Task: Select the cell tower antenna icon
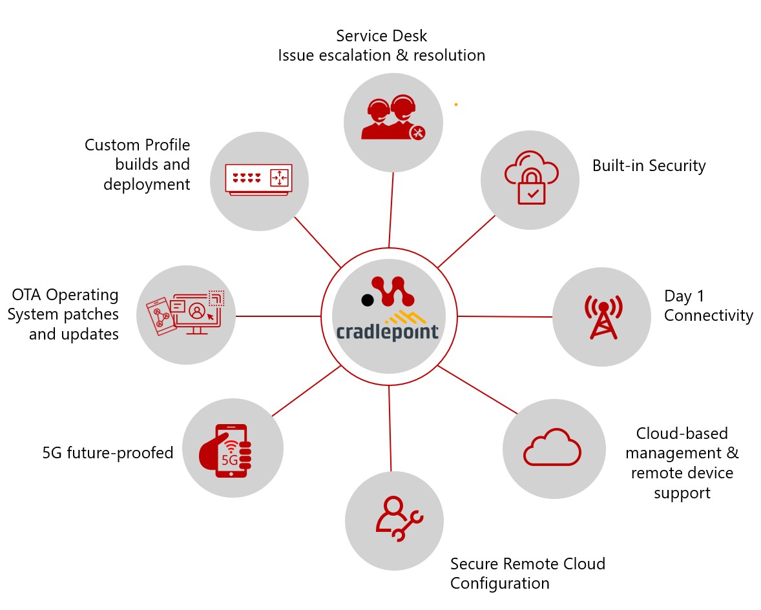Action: click(x=602, y=316)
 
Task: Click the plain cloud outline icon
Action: click(x=552, y=447)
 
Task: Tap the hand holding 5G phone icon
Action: click(x=225, y=450)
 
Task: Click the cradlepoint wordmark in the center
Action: click(x=387, y=332)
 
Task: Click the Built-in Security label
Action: click(x=649, y=166)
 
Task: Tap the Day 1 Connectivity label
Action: click(x=708, y=306)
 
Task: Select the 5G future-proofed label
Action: click(x=108, y=453)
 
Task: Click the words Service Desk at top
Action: click(x=381, y=35)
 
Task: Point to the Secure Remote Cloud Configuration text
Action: click(x=527, y=573)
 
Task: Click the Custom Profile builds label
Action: click(x=138, y=165)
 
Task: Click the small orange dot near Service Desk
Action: click(x=455, y=104)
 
